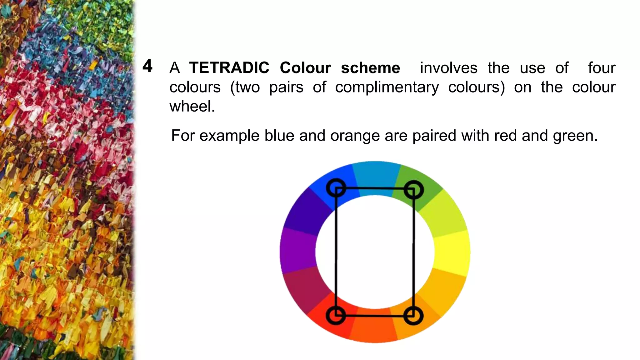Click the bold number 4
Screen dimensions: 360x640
(147, 66)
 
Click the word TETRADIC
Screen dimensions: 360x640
(229, 68)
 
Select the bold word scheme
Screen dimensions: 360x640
(370, 68)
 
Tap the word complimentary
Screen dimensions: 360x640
(387, 87)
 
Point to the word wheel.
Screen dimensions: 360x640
(192, 106)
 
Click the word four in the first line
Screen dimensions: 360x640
(602, 68)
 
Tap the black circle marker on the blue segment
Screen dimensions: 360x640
(336, 188)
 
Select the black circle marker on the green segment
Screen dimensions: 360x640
(413, 190)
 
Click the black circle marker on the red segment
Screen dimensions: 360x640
(336, 315)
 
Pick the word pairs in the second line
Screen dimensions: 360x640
(286, 87)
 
